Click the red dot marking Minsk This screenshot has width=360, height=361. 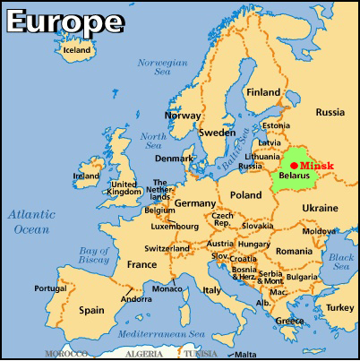pyautogui.click(x=295, y=165)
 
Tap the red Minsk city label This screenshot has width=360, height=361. pyautogui.click(x=317, y=165)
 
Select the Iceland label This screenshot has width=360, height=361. pyautogui.click(x=76, y=50)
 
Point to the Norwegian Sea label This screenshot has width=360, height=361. pyautogui.click(x=160, y=70)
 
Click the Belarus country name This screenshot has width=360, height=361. pyautogui.click(x=294, y=176)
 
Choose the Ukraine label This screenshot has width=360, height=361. pyautogui.click(x=320, y=208)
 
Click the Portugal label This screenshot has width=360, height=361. pyautogui.click(x=50, y=288)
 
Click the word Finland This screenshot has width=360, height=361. pyautogui.click(x=263, y=92)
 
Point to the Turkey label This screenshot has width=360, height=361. pyautogui.click(x=339, y=307)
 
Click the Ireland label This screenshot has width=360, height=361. pyautogui.click(x=86, y=176)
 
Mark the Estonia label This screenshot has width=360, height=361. pyautogui.click(x=276, y=126)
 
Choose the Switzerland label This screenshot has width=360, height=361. pyautogui.click(x=167, y=248)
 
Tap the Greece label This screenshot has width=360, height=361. pyautogui.click(x=288, y=321)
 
